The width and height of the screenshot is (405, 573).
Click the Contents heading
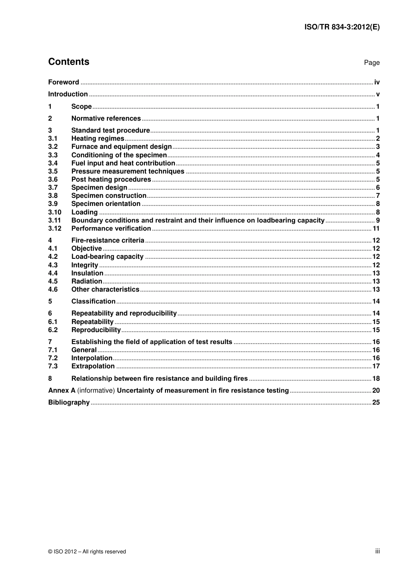click(69, 62)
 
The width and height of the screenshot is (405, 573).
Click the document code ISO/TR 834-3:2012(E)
click(342, 27)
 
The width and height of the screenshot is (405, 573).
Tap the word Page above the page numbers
click(372, 63)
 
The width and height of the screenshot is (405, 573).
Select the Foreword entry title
click(64, 82)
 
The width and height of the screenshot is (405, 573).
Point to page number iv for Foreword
click(377, 82)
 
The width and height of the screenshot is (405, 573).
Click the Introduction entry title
click(68, 94)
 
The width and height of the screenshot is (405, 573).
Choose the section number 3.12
click(55, 229)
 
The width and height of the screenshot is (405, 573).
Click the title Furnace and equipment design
click(121, 147)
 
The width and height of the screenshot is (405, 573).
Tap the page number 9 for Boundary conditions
click(378, 220)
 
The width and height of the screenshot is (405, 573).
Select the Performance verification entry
click(111, 229)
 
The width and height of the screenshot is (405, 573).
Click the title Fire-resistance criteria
click(108, 240)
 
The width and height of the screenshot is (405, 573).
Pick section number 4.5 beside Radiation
click(53, 281)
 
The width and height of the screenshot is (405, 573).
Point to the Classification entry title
click(93, 301)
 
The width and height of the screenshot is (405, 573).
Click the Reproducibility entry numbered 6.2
click(96, 330)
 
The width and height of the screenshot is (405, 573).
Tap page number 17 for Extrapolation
click(376, 366)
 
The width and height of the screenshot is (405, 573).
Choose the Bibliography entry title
click(69, 402)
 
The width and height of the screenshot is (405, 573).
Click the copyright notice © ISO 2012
click(87, 552)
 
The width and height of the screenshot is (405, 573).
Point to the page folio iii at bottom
click(377, 551)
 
